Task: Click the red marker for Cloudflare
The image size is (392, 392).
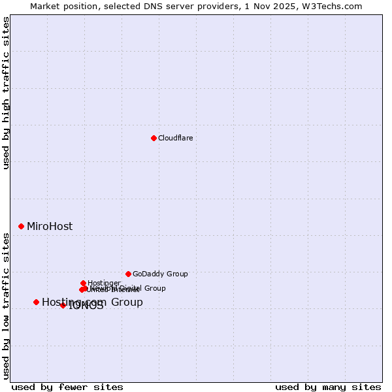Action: pos(154,138)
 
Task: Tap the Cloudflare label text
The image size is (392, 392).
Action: pos(176,138)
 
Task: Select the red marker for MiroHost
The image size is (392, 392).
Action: pos(21,226)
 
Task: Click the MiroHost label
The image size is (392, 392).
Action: pos(50,227)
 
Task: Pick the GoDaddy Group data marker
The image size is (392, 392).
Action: pos(128,274)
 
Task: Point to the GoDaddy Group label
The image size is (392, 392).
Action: pos(160,274)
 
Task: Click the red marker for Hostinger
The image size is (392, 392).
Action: pos(83,283)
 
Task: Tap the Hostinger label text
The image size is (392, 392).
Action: pos(104,283)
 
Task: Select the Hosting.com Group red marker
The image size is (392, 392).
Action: pos(36,302)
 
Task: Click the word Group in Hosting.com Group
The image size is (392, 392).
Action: pos(127,302)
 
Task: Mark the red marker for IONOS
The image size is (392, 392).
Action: pos(63,305)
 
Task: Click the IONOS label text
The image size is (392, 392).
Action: pos(86,306)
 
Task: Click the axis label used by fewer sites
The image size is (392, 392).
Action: pos(67,387)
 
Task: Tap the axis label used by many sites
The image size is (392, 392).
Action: pos(328,387)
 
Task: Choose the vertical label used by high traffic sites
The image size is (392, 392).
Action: pos(6,93)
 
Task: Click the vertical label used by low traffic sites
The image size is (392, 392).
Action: pos(6,305)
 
